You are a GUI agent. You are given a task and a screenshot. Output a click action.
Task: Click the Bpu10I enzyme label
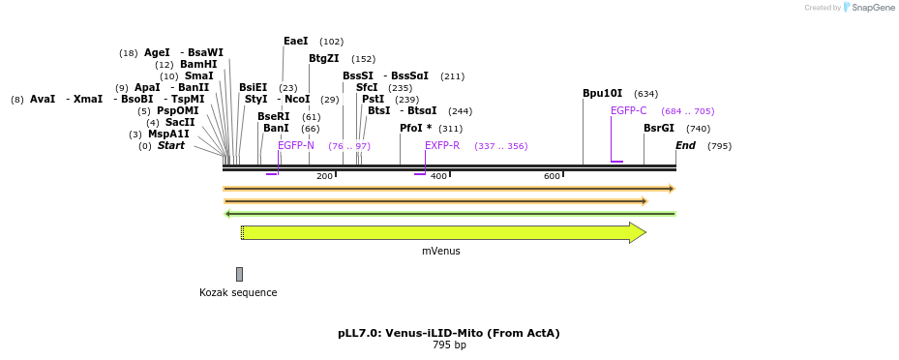tap(602, 94)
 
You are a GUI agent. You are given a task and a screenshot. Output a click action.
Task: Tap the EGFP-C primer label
tap(628, 111)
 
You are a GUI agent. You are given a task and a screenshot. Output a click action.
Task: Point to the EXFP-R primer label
tap(442, 146)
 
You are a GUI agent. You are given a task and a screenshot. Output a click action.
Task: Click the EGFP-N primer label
tap(296, 146)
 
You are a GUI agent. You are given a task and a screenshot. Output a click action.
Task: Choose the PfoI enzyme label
tap(415, 128)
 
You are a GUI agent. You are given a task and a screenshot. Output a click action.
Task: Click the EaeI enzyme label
tap(295, 42)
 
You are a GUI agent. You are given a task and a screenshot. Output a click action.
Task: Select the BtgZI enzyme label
tap(323, 59)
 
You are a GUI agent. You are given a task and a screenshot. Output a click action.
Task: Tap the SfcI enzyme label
tap(367, 88)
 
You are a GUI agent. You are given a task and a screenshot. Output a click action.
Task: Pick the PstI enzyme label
tap(373, 100)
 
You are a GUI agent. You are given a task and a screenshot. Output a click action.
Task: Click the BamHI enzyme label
tap(198, 65)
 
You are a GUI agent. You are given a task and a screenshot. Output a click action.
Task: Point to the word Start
tap(171, 146)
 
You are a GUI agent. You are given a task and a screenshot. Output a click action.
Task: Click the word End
tap(685, 146)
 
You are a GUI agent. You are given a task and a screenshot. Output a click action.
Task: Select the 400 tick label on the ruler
tap(438, 176)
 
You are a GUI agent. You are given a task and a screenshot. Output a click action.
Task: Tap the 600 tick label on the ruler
tap(552, 176)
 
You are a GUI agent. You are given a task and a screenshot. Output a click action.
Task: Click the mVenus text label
tap(440, 252)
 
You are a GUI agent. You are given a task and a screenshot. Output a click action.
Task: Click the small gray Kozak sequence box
tap(239, 274)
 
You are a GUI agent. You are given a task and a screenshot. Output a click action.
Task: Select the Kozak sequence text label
tap(238, 293)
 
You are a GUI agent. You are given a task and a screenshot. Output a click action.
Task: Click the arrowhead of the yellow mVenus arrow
tap(638, 232)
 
